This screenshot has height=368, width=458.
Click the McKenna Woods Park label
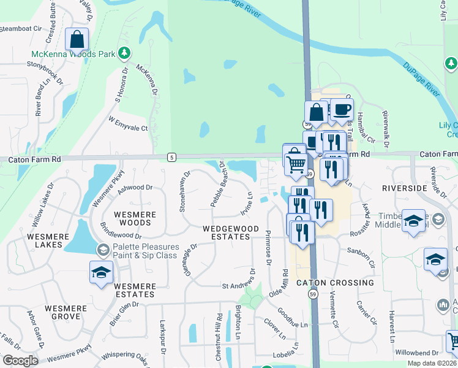click(73, 54)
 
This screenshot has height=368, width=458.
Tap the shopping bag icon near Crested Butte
click(78, 40)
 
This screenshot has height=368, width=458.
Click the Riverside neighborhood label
click(404, 187)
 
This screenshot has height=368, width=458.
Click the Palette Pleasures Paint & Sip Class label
click(145, 251)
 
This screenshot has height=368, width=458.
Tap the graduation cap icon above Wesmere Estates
click(101, 274)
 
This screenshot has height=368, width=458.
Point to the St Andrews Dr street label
click(241, 286)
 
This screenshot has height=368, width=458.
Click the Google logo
click(20, 361)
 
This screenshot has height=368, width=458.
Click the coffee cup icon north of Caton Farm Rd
click(342, 110)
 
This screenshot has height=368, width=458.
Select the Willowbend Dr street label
click(417, 353)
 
